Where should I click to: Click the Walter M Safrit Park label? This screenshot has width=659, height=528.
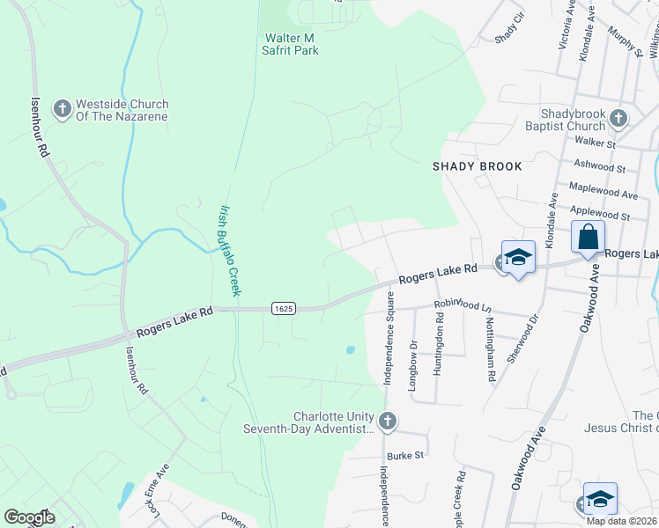pyautogui.click(x=292, y=44)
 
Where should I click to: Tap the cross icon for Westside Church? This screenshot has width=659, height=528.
pyautogui.click(x=62, y=110)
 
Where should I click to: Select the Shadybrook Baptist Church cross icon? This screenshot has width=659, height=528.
pyautogui.click(x=618, y=118)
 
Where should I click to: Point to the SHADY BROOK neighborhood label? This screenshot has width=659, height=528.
pyautogui.click(x=478, y=166)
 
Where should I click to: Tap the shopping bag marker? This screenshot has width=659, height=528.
pyautogui.click(x=588, y=237)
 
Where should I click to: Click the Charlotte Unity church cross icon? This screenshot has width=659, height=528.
pyautogui.click(x=388, y=422)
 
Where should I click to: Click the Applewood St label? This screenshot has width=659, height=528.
pyautogui.click(x=600, y=214)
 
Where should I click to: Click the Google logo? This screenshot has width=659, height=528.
pyautogui.click(x=29, y=517)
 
